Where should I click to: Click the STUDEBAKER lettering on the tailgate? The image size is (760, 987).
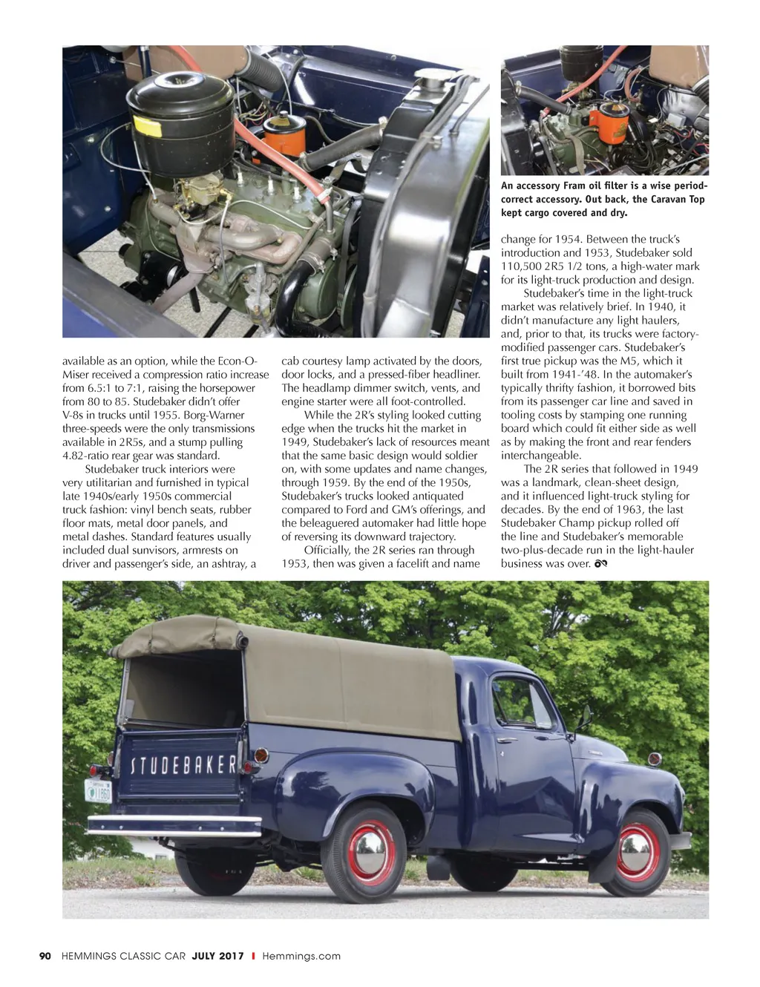pyautogui.click(x=184, y=765)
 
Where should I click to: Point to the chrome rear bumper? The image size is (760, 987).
pyautogui.click(x=174, y=823)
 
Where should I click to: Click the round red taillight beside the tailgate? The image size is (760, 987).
pyautogui.click(x=260, y=755)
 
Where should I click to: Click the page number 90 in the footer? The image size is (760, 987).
pyautogui.click(x=45, y=956)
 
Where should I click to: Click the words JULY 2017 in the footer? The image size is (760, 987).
pyautogui.click(x=217, y=956)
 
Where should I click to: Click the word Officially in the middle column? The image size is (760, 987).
pyautogui.click(x=327, y=550)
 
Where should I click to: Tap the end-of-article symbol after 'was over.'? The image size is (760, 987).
pyautogui.click(x=601, y=565)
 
